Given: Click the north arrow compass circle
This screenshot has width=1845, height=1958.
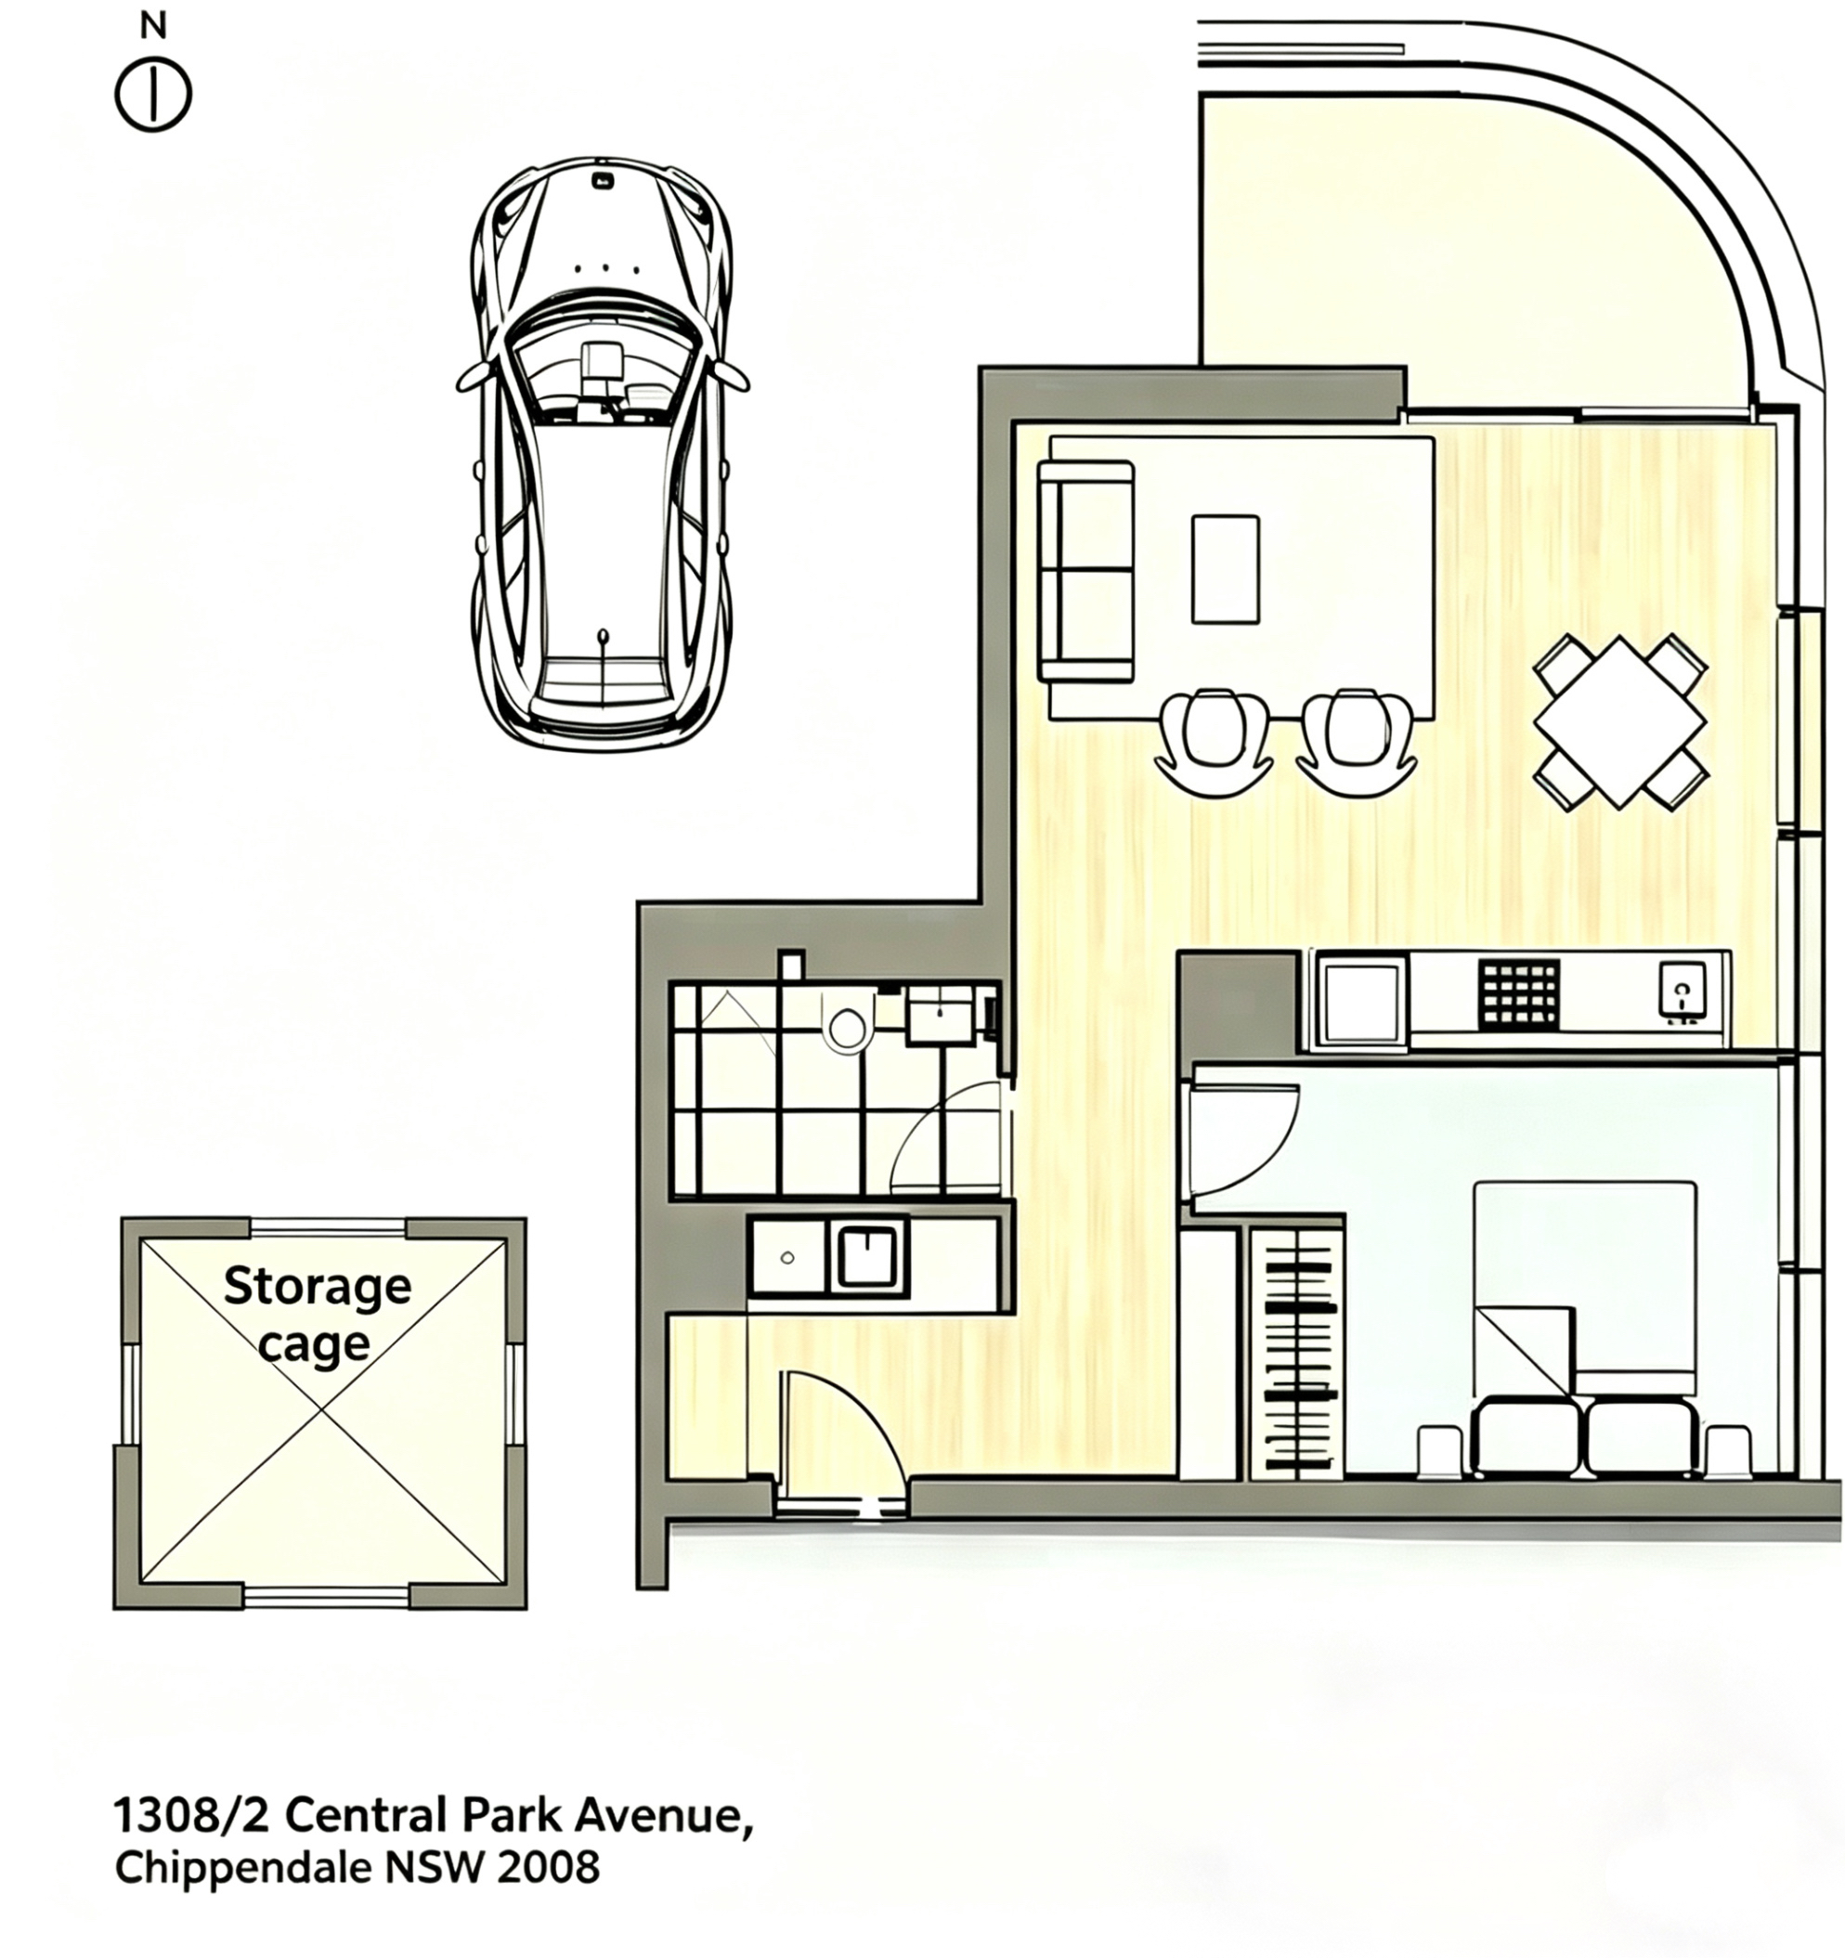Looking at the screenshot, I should [x=152, y=97].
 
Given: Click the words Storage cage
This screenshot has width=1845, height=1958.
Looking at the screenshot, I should [x=317, y=1314].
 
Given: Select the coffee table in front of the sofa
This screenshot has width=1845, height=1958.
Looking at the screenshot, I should [x=1225, y=568].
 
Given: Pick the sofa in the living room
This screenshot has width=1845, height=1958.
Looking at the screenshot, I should [x=1085, y=570].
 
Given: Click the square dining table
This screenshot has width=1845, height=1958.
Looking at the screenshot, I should [x=1619, y=721].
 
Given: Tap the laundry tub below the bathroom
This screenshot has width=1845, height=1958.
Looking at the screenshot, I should [x=866, y=1258].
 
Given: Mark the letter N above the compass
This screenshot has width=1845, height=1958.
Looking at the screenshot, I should [x=152, y=28].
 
